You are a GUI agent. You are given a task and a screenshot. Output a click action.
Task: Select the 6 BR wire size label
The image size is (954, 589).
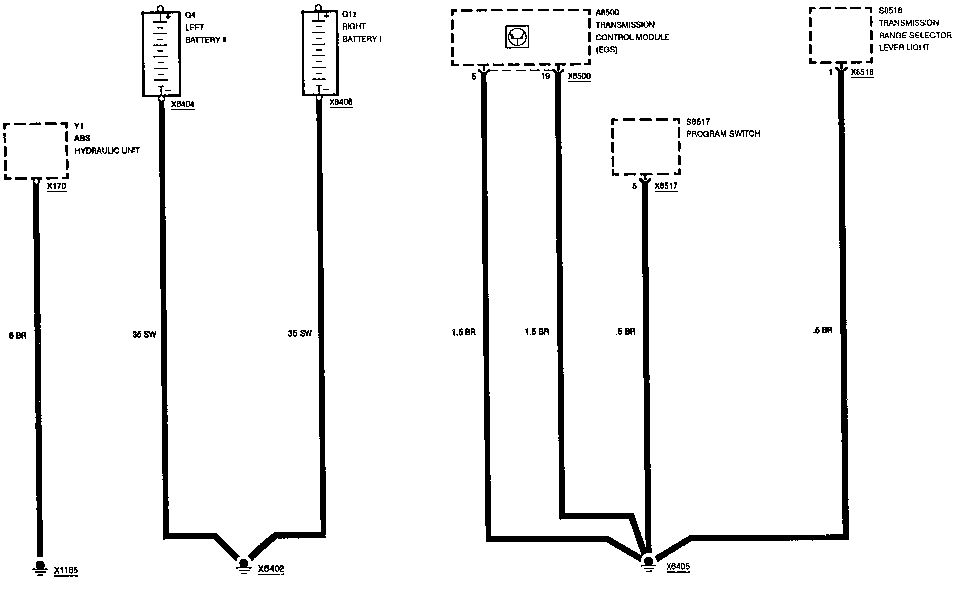coord(17,335)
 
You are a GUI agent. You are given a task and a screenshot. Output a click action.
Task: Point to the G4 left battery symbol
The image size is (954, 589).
coord(161,54)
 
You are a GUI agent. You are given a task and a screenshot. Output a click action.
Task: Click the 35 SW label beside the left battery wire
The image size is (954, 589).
coord(144,334)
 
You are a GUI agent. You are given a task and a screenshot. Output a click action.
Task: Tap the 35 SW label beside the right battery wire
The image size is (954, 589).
coord(300,333)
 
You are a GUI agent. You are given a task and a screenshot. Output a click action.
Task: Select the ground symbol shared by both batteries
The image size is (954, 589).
coord(243,565)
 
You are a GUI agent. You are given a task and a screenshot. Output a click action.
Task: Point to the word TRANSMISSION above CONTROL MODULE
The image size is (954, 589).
coord(625,25)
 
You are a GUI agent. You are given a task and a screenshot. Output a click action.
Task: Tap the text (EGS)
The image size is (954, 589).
coord(607,50)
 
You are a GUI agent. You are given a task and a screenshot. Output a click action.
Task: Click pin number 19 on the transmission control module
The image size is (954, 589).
coord(545,77)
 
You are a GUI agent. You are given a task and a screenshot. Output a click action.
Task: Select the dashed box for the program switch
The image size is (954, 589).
coord(646,147)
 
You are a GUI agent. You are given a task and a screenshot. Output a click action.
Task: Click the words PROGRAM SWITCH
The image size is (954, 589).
coord(723,134)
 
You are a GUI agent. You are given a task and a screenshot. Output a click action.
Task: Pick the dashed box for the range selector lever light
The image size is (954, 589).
coord(841,35)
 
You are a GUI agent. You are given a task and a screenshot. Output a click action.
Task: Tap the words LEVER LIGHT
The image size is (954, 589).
coord(904,48)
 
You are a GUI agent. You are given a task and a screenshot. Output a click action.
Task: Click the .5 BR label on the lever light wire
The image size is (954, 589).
coord(822,330)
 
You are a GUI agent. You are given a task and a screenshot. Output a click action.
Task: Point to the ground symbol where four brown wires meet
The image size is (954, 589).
coord(647,562)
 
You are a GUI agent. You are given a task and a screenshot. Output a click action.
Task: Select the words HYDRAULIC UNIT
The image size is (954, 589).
coord(107,150)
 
